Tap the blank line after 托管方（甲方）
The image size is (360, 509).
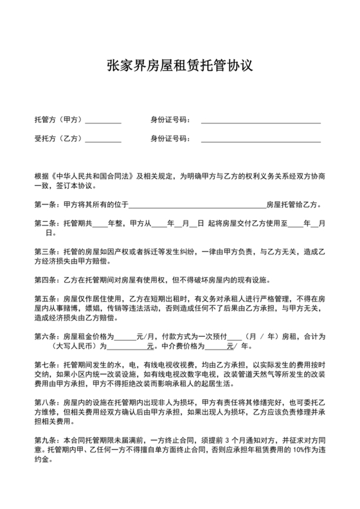pos(102,121)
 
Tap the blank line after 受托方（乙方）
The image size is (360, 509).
pos(102,139)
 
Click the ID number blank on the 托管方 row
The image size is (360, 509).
pos(260,121)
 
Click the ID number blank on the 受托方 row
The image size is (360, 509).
pos(260,139)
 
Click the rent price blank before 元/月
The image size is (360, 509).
pos(126,337)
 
